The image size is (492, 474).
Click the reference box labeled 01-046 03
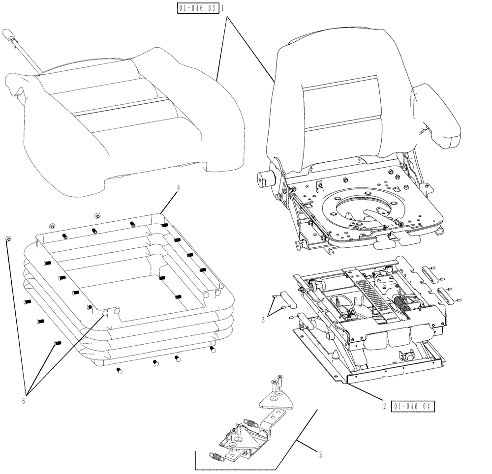click(196, 9)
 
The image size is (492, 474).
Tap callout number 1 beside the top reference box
click(223, 9)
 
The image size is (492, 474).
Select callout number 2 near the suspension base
click(384, 406)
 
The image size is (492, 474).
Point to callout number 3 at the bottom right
click(321, 455)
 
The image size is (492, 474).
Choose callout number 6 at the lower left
click(23, 400)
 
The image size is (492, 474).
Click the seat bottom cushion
click(123, 118)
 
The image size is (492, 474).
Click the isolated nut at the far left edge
click(8, 238)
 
